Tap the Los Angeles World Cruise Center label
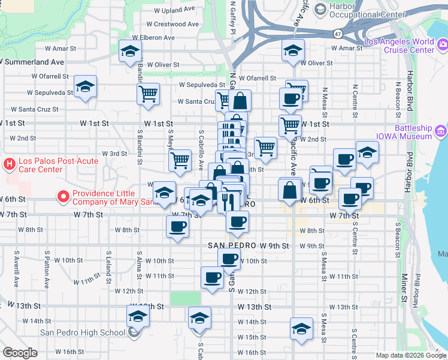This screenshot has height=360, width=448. [x=399, y=46]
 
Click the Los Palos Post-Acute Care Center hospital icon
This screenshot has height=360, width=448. [x=10, y=163]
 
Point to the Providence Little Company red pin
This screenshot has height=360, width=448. [x=63, y=196]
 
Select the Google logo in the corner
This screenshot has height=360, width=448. [x=20, y=353]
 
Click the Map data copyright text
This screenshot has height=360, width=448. [x=411, y=356]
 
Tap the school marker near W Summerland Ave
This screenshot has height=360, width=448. [x=129, y=52]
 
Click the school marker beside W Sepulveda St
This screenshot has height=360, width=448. [x=85, y=87]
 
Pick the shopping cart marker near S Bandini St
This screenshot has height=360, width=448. [x=148, y=94]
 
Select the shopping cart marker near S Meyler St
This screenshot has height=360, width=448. [x=180, y=160]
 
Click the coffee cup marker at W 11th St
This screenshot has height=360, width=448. [x=213, y=278]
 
